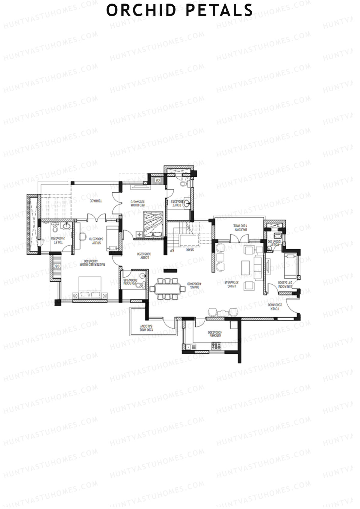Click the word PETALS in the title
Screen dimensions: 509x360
coord(219,10)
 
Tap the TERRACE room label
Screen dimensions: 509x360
coord(97,201)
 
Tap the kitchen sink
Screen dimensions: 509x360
coord(190,347)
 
